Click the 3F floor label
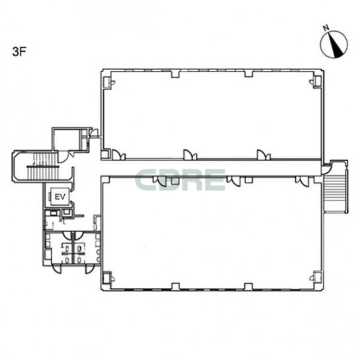(x=19, y=52)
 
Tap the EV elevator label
(x=60, y=197)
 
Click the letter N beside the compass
(x=326, y=28)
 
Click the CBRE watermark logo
(x=180, y=180)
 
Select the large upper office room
(x=212, y=114)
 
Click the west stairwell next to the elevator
(x=42, y=167)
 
